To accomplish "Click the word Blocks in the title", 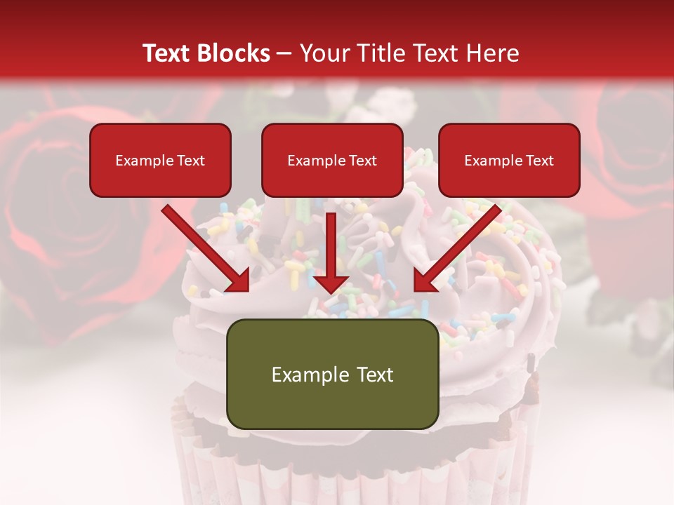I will (234, 53).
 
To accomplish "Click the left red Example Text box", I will (160, 160).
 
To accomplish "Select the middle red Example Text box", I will (332, 160).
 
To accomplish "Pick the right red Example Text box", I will (509, 160).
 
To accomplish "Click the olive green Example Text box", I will (332, 374).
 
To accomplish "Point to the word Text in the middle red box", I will (362, 160).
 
